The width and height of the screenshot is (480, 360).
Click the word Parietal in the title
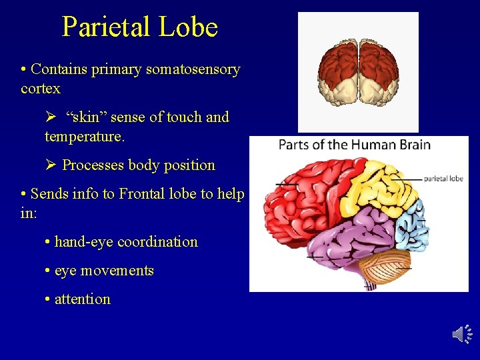coord(106,27)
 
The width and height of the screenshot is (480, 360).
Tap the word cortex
coord(41,89)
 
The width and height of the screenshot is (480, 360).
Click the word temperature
coord(84,137)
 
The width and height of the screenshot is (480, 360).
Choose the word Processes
coord(93,165)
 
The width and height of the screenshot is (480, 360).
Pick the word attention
coord(82,299)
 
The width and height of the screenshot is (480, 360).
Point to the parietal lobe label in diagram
coord(443,179)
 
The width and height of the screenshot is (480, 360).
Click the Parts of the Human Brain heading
coord(354,145)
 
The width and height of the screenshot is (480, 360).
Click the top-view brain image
coord(358,71)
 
